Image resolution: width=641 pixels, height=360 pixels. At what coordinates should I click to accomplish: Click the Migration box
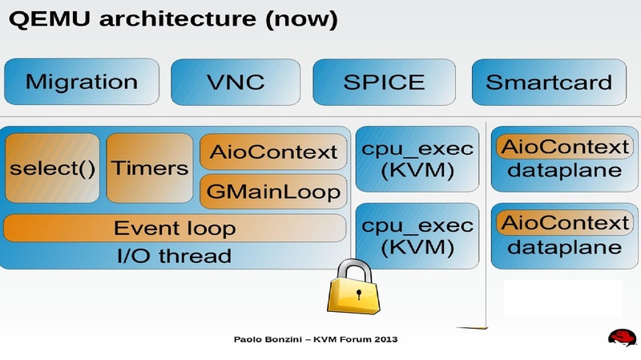82,82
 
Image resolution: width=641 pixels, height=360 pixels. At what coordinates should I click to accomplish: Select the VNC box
235,82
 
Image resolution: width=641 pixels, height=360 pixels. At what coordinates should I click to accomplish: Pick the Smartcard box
549,82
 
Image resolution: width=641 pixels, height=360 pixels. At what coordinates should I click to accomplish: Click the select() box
52,168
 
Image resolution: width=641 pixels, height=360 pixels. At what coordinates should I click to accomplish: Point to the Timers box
150,168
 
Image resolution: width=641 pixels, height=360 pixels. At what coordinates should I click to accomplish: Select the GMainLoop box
273,192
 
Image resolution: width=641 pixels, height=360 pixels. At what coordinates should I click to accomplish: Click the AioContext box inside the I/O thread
273,152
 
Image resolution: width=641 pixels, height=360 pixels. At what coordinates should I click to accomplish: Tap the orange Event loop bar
175,229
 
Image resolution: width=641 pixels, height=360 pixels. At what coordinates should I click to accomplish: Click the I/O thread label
174,257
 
